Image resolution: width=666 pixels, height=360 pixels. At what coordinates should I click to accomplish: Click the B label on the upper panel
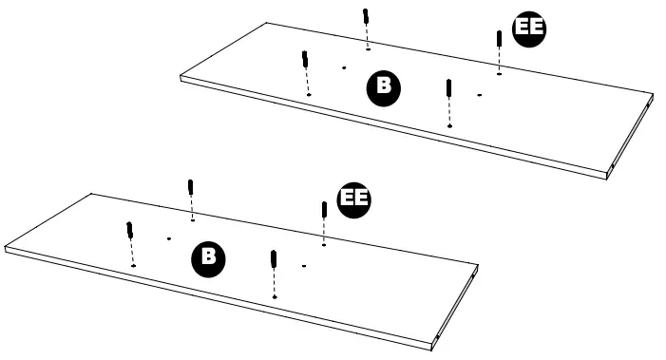pos(384,87)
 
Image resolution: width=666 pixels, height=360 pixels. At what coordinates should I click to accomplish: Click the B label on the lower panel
pos(209,256)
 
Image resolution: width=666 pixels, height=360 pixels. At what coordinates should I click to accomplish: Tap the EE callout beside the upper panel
pos(529,29)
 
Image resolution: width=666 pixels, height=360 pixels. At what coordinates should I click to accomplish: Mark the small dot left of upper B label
pos(343,67)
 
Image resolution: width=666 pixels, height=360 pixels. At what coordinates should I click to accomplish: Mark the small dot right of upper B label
pos(480,94)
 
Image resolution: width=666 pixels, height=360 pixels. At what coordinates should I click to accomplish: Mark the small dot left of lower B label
pos(168,238)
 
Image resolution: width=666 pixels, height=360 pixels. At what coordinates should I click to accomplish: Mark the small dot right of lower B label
pos(304,264)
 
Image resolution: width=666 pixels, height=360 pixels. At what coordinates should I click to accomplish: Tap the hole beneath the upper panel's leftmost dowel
pos(309,95)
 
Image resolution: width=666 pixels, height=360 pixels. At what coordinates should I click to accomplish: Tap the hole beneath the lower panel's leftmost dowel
pos(134,266)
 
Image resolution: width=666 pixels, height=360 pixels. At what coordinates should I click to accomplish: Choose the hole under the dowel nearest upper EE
pos(500,73)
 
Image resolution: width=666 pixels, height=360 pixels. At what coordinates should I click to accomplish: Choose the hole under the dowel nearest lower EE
pos(325,244)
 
